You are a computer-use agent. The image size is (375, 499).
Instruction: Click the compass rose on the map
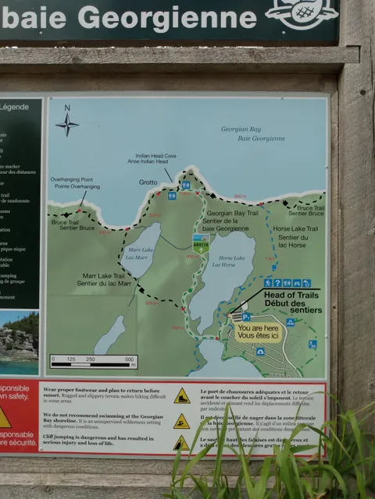click(67, 123)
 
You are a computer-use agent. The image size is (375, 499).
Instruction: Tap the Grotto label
click(148, 182)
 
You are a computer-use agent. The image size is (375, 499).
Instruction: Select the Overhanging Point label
click(75, 182)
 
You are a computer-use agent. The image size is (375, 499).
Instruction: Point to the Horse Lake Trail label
click(295, 233)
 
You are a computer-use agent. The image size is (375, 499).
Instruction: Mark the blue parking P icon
click(246, 317)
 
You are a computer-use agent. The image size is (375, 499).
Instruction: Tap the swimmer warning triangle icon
click(181, 422)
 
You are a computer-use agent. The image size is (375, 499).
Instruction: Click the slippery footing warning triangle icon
click(181, 396)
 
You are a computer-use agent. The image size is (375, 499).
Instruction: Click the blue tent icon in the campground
click(290, 321)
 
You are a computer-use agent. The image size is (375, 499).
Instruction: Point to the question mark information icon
click(277, 283)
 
